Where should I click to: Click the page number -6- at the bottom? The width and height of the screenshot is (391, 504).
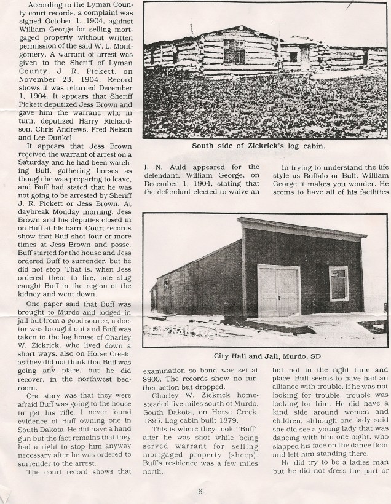click(x=200, y=491)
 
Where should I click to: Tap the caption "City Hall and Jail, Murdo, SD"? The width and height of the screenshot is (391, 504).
click(x=266, y=356)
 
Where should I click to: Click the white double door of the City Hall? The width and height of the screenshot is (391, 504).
click(x=279, y=290)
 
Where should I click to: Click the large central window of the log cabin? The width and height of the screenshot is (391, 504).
click(x=234, y=52)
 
